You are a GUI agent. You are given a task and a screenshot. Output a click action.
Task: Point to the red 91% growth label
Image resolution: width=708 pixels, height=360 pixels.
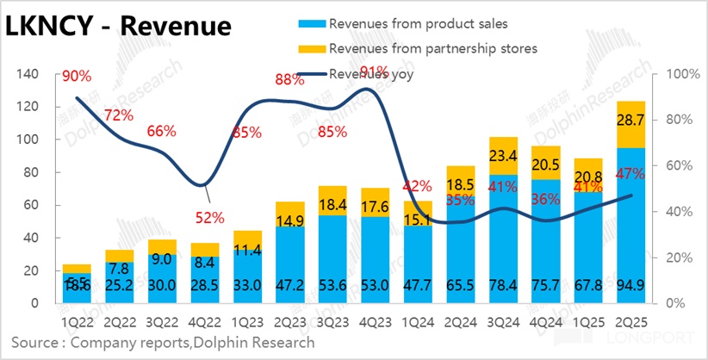(x=374, y=71)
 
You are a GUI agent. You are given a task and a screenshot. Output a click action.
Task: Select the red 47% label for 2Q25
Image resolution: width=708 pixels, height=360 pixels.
(x=630, y=175)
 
